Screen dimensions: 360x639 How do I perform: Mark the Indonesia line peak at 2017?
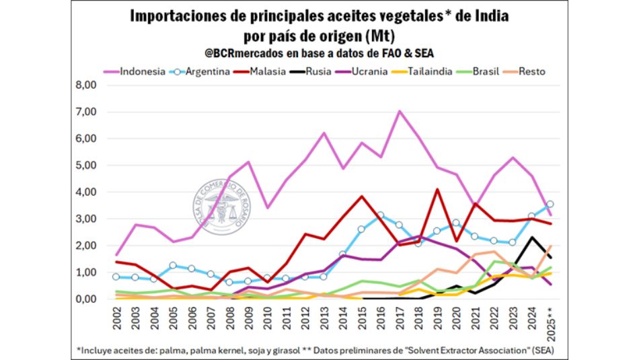point(400,111)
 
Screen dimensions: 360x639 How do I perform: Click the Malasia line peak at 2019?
point(437,190)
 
